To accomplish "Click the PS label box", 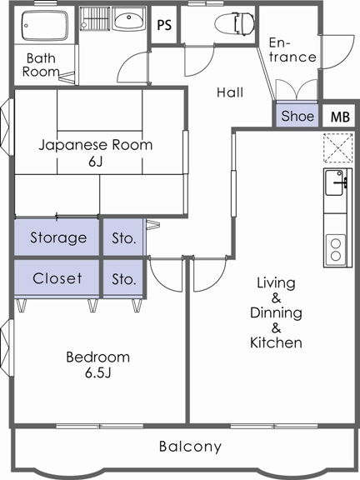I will click(164, 25).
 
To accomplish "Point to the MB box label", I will click(340, 117).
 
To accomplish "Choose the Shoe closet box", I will click(297, 116).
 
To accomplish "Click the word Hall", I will click(230, 92).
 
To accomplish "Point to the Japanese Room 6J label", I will click(96, 152).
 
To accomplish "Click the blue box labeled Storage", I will click(57, 237).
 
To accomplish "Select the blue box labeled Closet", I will click(57, 278).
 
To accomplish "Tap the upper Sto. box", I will click(123, 237).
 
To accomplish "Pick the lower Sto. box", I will click(123, 278).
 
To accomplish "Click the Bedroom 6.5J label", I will click(97, 364).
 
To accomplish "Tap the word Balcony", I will click(191, 447).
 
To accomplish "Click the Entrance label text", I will click(292, 50).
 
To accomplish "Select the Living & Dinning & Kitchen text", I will click(276, 312).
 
